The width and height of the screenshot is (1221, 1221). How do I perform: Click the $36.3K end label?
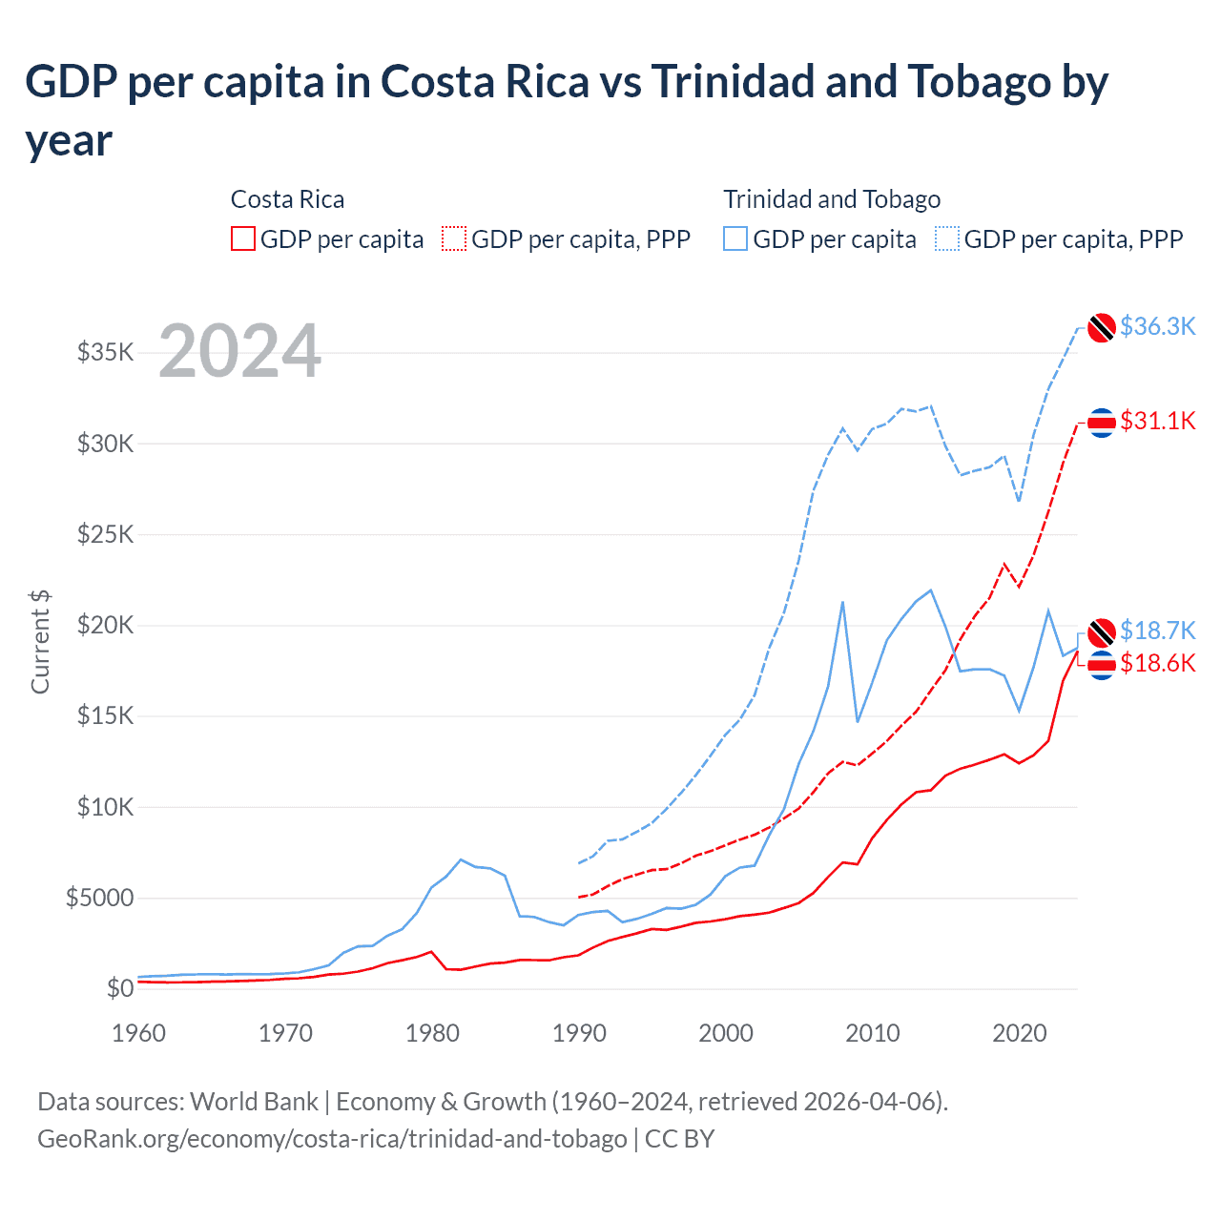point(1157,326)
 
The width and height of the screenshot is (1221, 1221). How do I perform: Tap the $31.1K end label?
point(1157,421)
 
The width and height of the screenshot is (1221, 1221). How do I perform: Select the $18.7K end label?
point(1157,631)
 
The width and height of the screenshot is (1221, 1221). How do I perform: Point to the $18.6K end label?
point(1157,663)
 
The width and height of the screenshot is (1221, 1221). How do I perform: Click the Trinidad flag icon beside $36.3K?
point(1102,327)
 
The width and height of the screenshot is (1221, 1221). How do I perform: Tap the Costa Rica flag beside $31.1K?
point(1102,423)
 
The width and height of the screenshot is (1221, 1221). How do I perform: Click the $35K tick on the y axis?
point(105,353)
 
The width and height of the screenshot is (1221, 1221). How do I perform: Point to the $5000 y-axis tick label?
point(99,899)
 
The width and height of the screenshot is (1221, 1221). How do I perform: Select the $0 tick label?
point(119,989)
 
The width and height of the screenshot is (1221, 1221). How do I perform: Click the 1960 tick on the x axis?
point(139,1033)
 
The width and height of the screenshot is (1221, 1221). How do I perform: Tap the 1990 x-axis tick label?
point(579,1033)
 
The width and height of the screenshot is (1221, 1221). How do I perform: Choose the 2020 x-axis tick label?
point(1020,1033)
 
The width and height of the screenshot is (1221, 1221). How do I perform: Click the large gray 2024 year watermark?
point(239,351)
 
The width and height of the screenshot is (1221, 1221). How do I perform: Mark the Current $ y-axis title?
point(40,641)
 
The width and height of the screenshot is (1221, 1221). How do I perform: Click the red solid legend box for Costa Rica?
point(243,238)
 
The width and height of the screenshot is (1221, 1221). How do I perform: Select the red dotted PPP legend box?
point(454,238)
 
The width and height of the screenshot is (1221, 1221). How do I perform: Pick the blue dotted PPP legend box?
point(947,238)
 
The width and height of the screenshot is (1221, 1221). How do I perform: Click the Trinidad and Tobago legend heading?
point(832,199)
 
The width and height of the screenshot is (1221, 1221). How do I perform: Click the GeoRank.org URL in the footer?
point(332,1139)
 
